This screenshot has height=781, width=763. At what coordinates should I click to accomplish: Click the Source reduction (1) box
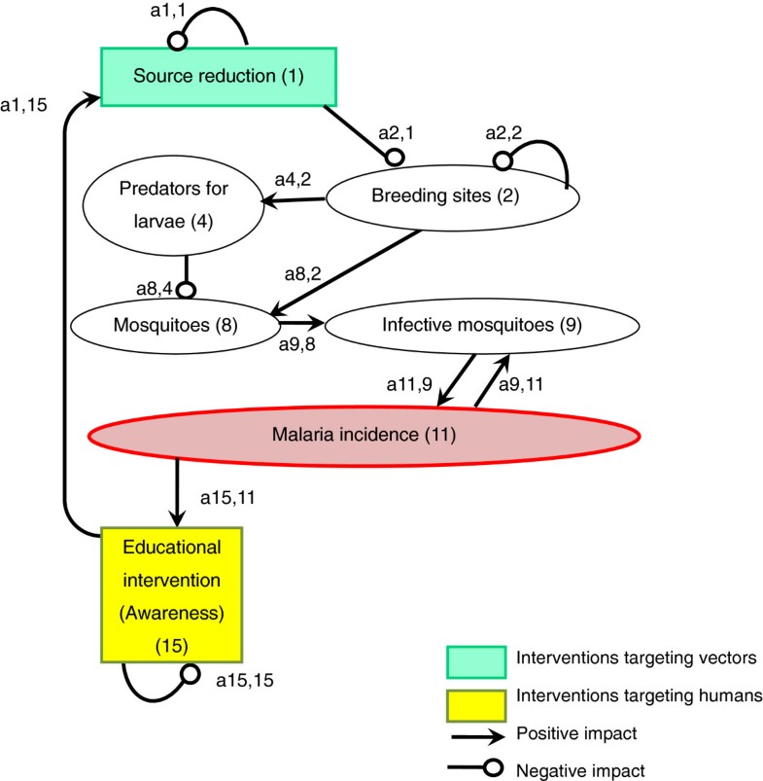[x=219, y=75]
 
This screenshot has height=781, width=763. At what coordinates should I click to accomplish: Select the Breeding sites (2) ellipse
[x=452, y=195]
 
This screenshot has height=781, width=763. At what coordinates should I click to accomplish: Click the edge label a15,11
[x=230, y=497]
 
